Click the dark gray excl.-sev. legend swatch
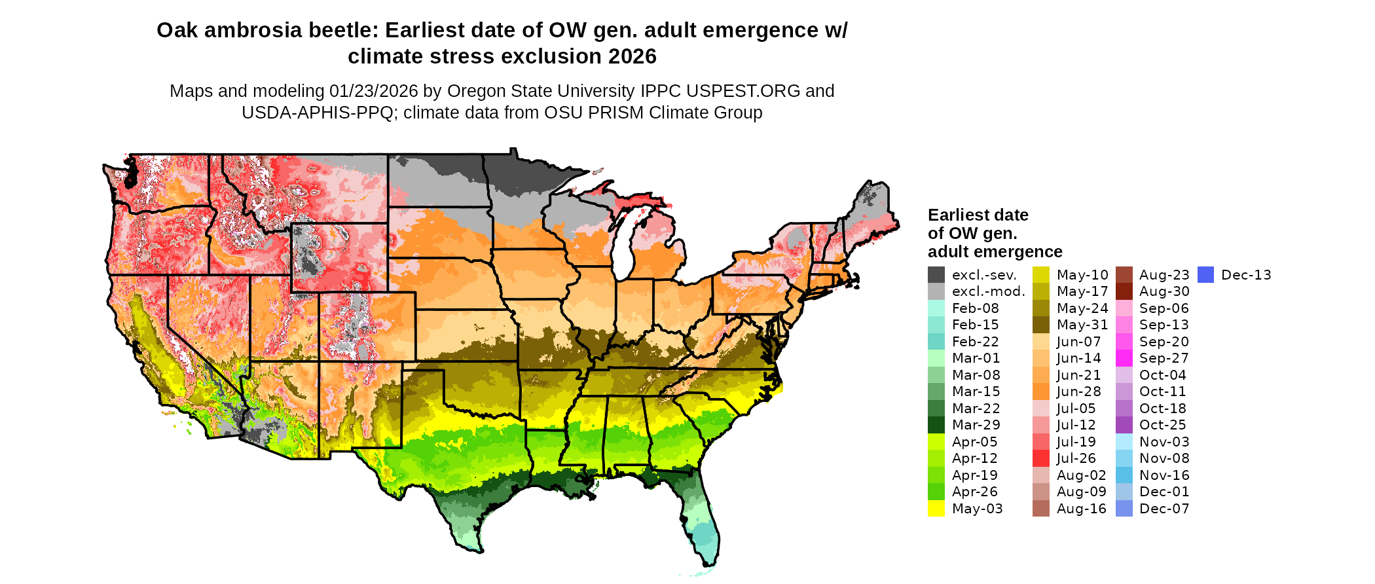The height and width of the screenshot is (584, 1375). click(936, 275)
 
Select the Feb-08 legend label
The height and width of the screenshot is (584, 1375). click(975, 308)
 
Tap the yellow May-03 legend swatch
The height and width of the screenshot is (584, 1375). click(936, 509)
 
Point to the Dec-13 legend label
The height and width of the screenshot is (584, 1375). click(1246, 275)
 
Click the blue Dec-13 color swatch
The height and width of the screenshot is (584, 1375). click(1205, 275)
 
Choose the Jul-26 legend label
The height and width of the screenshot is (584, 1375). click(1076, 458)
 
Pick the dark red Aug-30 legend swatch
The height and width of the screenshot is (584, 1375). click(1124, 291)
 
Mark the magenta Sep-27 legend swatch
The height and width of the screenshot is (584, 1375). click(1124, 358)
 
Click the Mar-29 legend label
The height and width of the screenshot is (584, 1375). click(976, 425)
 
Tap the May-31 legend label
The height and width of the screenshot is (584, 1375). click(1082, 325)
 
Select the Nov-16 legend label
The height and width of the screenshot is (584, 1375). click(1164, 475)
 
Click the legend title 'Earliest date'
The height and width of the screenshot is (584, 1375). click(978, 215)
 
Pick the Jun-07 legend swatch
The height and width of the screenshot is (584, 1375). click(1040, 342)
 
